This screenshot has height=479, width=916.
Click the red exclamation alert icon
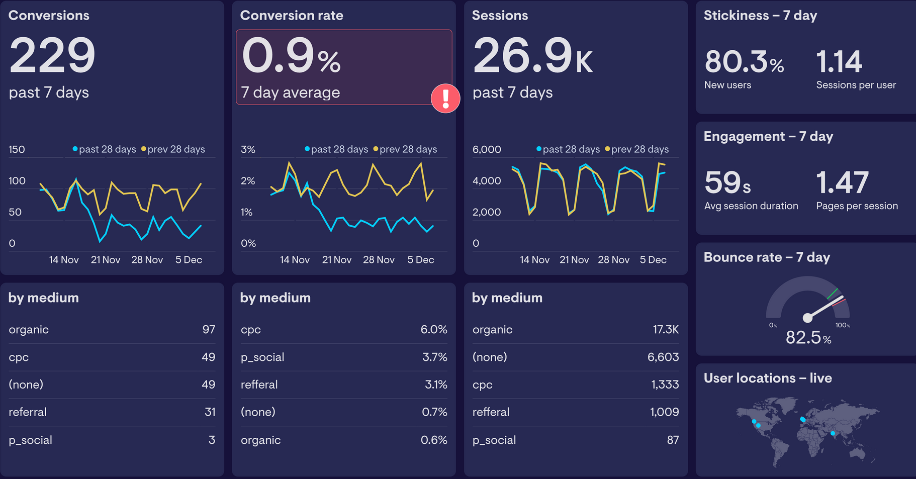(x=445, y=98)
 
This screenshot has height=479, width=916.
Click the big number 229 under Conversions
(x=52, y=55)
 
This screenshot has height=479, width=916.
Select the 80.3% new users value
(x=744, y=62)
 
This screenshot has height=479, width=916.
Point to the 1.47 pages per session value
(x=842, y=182)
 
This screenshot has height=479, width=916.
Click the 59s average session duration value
(x=727, y=182)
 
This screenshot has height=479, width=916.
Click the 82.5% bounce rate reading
(x=808, y=337)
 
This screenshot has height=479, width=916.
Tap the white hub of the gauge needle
(x=807, y=318)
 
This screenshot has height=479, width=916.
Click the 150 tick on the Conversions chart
(x=17, y=149)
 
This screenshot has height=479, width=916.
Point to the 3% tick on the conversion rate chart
(x=248, y=149)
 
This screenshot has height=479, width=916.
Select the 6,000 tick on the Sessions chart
(x=487, y=149)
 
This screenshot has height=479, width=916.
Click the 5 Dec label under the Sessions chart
(x=653, y=260)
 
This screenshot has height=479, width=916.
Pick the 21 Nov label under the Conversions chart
(x=106, y=260)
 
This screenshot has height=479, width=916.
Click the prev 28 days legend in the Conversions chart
(x=173, y=149)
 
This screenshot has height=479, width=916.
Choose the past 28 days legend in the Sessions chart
(x=568, y=149)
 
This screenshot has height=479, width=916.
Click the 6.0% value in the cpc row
(x=433, y=330)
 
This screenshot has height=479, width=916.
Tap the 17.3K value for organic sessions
(x=665, y=330)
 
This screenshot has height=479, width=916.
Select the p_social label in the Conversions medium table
(x=30, y=440)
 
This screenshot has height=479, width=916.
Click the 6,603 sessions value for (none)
(x=663, y=357)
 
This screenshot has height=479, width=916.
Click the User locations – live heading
(x=767, y=378)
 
